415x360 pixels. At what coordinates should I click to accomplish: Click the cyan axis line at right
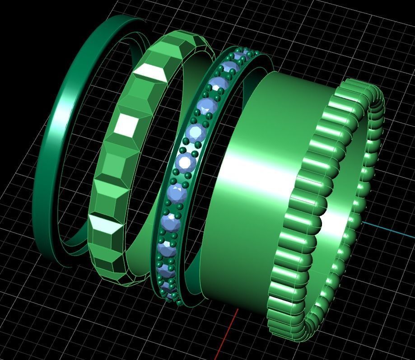pyautogui.click(x=388, y=229)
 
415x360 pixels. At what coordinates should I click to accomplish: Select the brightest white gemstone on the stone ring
pyautogui.click(x=186, y=161)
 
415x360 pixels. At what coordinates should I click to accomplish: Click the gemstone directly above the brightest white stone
pyautogui.click(x=196, y=133)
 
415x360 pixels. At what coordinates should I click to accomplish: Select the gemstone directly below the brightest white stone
pyautogui.click(x=177, y=193)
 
